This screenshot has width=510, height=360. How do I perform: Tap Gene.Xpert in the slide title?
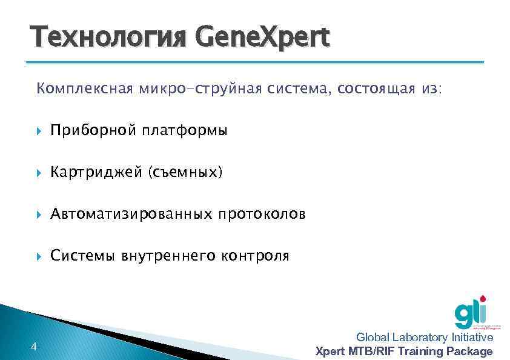262,37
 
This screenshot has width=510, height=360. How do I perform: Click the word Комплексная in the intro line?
84,90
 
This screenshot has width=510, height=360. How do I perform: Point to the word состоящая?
373,90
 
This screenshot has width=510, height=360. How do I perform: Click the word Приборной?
94,130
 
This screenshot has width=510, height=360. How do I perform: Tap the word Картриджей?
96,173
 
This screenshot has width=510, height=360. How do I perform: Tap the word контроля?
255,256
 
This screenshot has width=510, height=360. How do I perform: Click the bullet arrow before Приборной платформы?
39,131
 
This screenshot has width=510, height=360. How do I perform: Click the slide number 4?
33,347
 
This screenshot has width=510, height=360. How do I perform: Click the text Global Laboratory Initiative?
424,338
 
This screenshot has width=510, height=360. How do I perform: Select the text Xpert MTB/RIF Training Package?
405,352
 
